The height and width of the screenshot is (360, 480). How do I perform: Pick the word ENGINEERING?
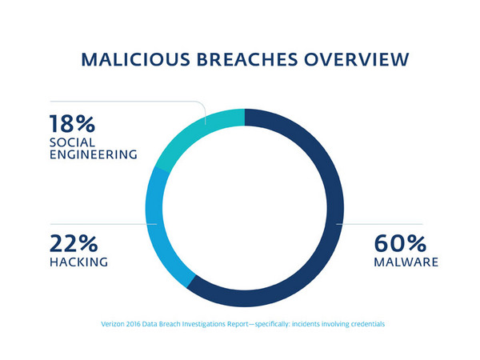coord(92,154)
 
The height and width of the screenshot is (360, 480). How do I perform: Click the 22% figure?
coord(73,243)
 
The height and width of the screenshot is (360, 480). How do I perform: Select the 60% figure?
coord(400,243)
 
